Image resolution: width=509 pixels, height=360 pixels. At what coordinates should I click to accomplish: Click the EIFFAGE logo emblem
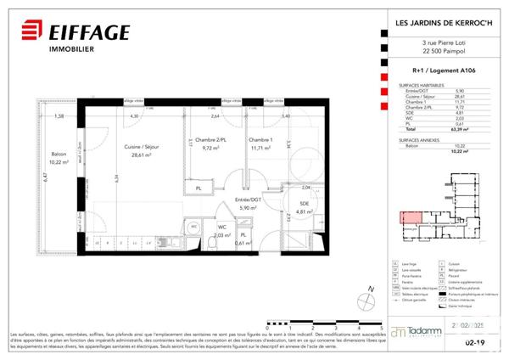pyautogui.click(x=30, y=34)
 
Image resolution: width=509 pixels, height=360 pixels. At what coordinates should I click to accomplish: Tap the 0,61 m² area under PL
pyautogui.click(x=243, y=243)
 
